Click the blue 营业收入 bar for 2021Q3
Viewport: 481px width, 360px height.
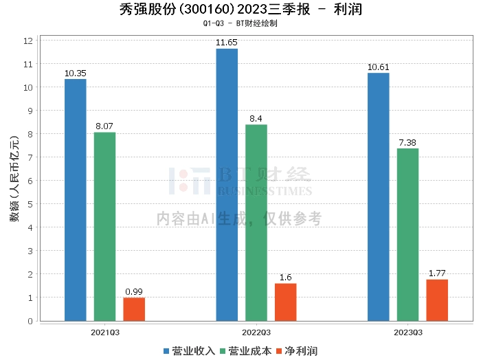[76, 200]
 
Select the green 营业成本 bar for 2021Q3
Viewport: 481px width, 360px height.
[104, 227]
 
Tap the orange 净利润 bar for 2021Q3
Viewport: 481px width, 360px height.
[134, 309]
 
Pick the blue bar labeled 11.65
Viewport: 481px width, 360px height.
[227, 185]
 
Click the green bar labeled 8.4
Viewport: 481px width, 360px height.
[256, 223]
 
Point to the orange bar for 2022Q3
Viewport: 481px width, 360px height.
[286, 302]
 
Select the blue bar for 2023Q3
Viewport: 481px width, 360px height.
[378, 196]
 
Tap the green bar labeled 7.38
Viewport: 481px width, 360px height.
[407, 234]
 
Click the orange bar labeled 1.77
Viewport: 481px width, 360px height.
[437, 300]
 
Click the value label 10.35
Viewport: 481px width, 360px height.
[76, 73]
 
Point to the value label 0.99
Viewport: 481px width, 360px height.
[134, 291]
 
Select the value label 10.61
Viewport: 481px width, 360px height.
[378, 67]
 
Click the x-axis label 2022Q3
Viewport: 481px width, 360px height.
[256, 333]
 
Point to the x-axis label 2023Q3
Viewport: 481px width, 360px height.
[407, 333]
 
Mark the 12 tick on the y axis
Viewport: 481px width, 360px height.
[28, 41]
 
